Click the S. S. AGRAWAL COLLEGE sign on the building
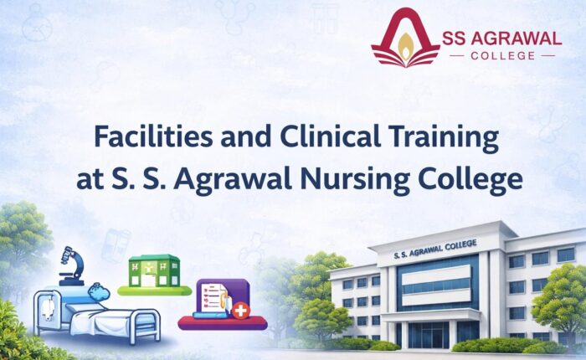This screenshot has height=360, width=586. click(x=434, y=247)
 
